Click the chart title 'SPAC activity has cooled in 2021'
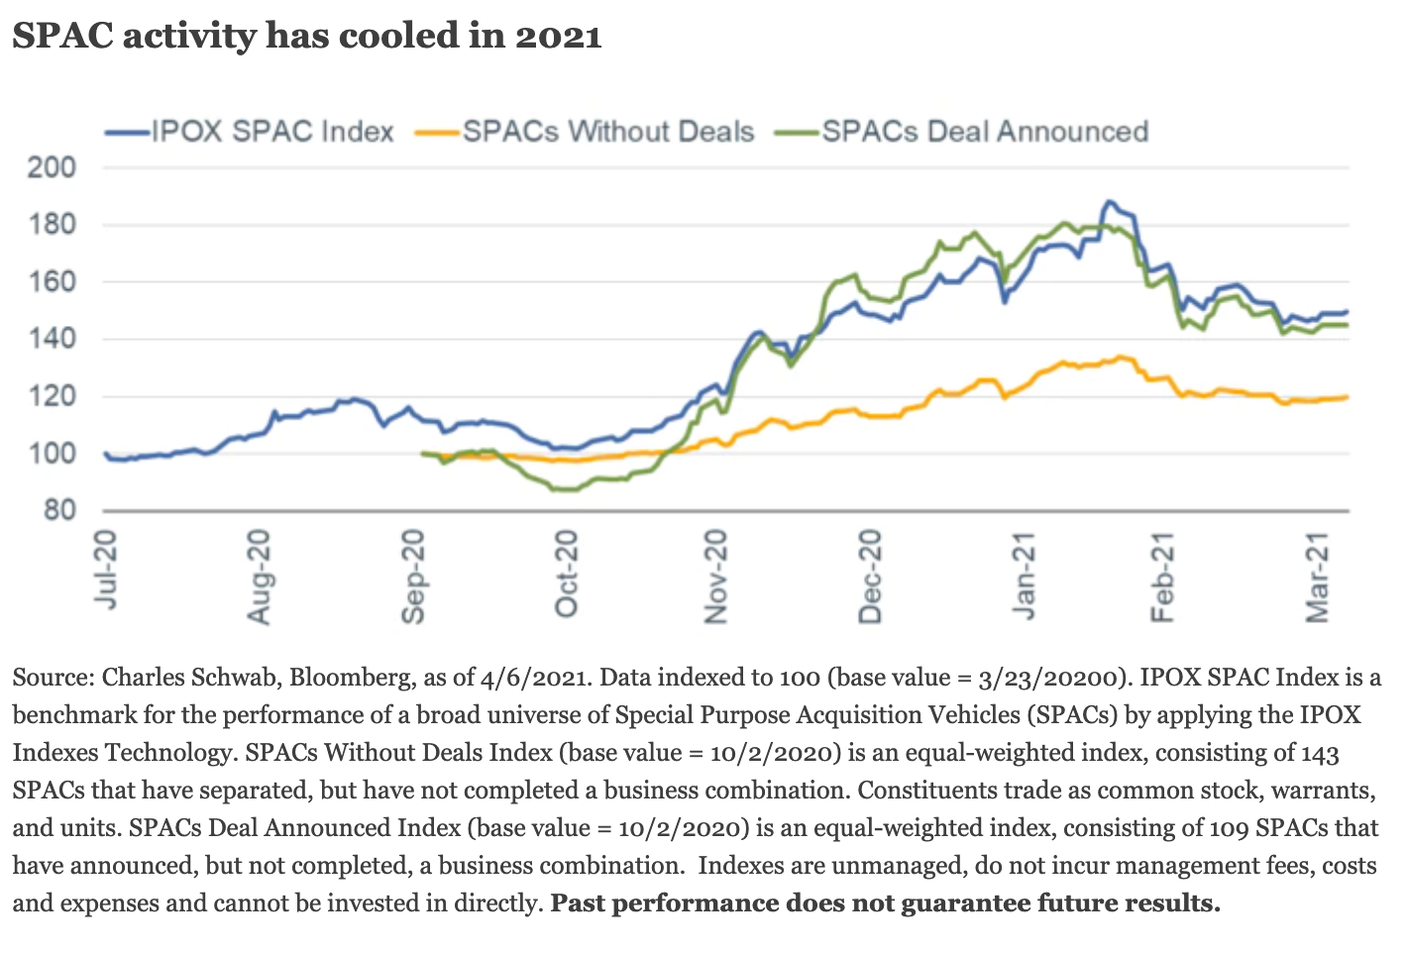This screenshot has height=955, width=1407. click(x=307, y=37)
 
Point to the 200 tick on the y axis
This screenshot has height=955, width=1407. click(x=52, y=167)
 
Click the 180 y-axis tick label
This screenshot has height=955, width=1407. click(x=52, y=225)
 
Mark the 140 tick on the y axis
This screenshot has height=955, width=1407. click(x=52, y=339)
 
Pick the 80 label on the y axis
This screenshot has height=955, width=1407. click(x=57, y=511)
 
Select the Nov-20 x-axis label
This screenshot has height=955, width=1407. click(x=716, y=577)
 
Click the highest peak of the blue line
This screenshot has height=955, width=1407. click(x=1109, y=201)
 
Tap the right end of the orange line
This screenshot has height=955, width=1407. click(x=1347, y=397)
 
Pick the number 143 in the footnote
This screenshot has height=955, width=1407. click(x=1320, y=753)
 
